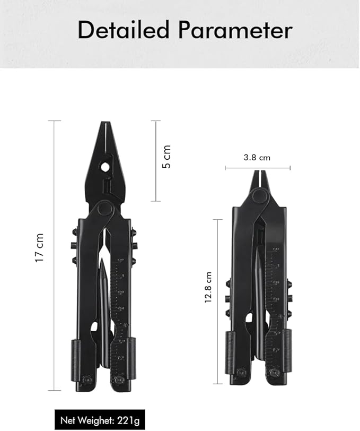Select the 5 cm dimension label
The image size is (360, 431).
pos(168,157)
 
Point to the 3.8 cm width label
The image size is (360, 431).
pos(257,158)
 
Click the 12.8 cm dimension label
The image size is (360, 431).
pos(209,287)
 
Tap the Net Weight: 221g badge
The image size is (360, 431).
pos(100,421)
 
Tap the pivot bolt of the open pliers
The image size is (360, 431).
pos(104,209)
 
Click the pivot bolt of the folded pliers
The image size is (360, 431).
pos(259,196)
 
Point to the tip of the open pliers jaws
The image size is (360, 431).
pos(105,125)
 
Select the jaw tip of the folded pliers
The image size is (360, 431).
pos(259,173)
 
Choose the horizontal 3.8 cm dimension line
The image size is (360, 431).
pos(258,168)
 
